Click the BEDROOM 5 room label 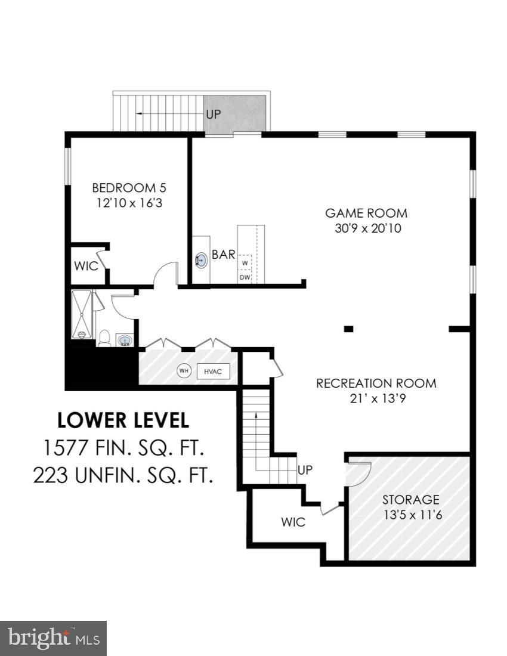coord(129,188)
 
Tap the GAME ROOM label coord(366,213)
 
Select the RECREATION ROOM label coord(376,383)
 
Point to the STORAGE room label coord(411,500)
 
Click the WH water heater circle coord(184,371)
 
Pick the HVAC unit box coord(213,371)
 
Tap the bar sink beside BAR coord(201,260)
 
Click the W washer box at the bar coord(245,262)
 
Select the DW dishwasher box coord(245,277)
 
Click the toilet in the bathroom coord(104,338)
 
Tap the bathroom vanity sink coord(125,341)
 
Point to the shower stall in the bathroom coord(82,314)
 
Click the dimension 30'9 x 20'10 coord(366,228)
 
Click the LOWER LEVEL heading coord(123,420)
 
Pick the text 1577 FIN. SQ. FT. coord(123,447)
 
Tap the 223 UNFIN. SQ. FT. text coord(123,475)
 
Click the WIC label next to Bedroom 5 coord(86,266)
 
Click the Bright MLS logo coord(53,638)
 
